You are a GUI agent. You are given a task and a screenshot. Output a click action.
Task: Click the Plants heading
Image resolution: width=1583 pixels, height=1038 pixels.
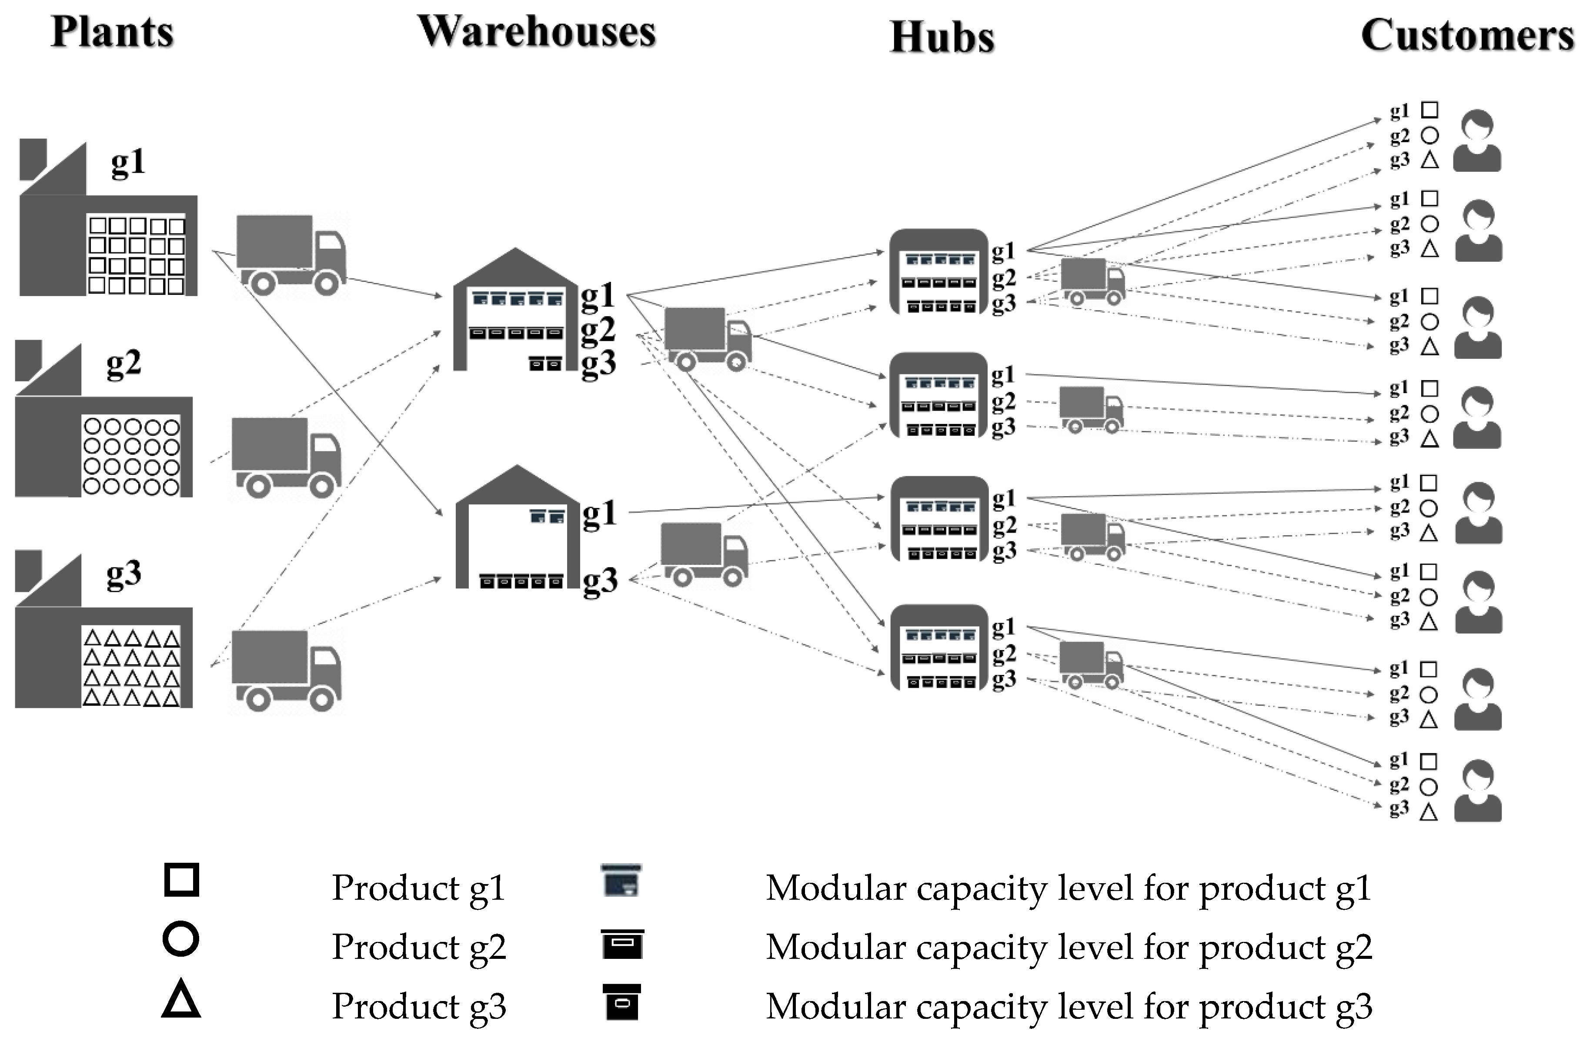point(112,31)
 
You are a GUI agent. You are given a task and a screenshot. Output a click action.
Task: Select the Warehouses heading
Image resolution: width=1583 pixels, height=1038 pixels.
point(536,31)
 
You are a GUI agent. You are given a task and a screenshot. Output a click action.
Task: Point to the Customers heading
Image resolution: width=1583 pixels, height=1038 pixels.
point(1466,35)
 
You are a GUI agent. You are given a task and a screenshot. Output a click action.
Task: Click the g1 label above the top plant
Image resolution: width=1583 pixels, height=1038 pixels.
point(128,162)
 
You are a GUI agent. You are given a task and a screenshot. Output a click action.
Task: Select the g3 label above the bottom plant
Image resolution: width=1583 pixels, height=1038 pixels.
point(124,573)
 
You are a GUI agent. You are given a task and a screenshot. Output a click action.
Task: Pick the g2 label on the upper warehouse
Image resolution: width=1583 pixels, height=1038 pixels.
point(597,329)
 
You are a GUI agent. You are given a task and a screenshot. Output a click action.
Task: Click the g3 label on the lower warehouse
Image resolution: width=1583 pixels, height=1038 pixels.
point(599,581)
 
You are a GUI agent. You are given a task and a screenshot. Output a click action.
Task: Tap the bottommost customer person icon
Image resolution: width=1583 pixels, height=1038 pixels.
point(1477,791)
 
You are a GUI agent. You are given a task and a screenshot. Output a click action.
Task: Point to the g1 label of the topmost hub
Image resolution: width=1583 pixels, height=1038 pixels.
point(1003,251)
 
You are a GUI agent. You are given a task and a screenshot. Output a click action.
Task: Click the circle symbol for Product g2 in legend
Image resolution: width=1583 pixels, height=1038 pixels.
point(181,939)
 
